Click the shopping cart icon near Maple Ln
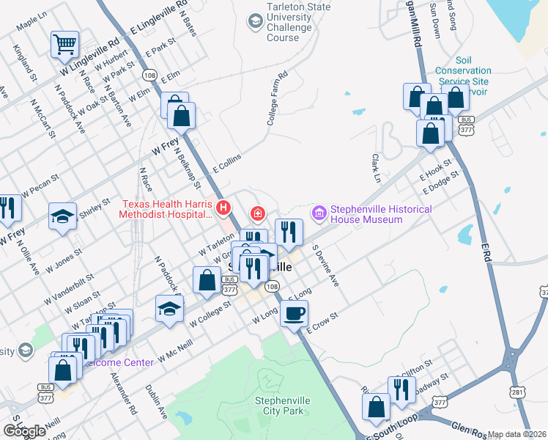click(65, 45)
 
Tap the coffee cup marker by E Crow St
click(295, 314)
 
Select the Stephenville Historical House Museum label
click(381, 214)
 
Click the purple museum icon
click(319, 213)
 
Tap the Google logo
click(24, 431)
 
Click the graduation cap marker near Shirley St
click(62, 216)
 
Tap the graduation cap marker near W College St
click(169, 307)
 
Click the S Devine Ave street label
click(326, 266)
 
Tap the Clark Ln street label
click(376, 169)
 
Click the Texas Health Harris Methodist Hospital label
click(167, 209)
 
